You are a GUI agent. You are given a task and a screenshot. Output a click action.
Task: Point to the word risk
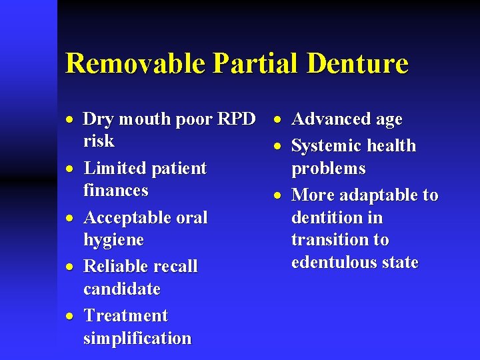[99, 141]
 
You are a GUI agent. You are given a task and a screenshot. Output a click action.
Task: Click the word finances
[116, 191]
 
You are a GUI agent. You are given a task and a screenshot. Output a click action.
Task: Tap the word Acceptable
[127, 218]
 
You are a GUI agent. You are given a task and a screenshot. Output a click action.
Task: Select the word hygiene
[113, 240]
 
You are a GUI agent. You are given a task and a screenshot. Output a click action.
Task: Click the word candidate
[122, 289]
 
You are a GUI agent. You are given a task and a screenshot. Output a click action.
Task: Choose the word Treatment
[126, 316]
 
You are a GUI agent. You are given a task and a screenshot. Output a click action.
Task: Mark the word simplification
[137, 338]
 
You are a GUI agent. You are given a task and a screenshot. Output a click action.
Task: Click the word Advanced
[327, 119]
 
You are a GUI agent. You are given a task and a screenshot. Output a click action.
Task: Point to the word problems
[329, 169]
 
